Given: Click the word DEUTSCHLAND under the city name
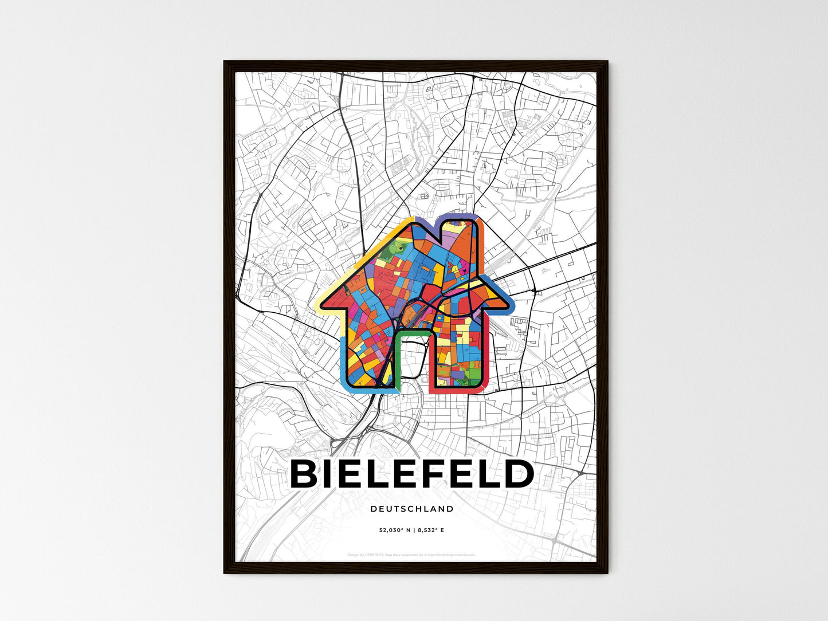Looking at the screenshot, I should pyautogui.click(x=411, y=509).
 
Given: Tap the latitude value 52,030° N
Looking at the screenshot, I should pyautogui.click(x=394, y=530).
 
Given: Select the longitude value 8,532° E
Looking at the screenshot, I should pyautogui.click(x=430, y=530).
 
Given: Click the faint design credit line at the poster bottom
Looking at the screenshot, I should pyautogui.click(x=411, y=555).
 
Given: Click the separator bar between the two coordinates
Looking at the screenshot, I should pyautogui.click(x=414, y=530).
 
